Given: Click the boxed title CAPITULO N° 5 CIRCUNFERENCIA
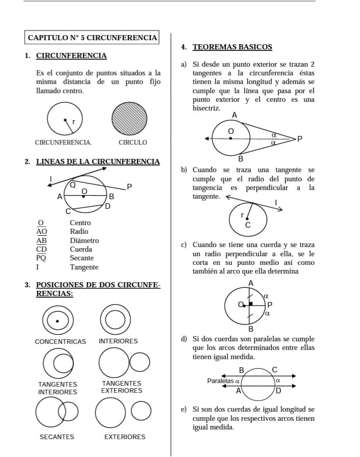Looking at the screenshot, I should coord(92,38).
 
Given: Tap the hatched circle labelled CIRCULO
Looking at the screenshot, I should coord(133,119).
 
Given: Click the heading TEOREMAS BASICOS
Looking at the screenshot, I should coord(232,47).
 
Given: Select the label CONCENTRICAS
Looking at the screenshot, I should coord(60,341).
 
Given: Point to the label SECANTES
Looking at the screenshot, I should coord(57,437).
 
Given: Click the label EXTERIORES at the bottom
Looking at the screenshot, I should coord(124,437).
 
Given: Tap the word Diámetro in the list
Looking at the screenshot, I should coord(85,240).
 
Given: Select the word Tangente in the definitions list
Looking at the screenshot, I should coord(84,267).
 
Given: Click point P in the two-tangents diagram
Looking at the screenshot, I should coord(299,138).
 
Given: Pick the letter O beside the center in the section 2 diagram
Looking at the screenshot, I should coord(85,191).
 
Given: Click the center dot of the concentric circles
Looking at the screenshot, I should coord(57,321).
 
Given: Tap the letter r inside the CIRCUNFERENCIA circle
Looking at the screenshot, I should coord(74,122).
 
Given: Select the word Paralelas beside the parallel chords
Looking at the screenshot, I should coord(220,381).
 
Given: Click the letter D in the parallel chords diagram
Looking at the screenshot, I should coord(278,391).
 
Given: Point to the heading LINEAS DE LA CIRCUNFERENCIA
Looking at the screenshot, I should coord(98,162).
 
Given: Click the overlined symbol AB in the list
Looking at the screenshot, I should coord(41,240).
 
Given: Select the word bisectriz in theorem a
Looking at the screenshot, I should coord(207,108).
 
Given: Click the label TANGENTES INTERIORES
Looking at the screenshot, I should coord(58,388).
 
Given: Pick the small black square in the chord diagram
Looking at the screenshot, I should coord(250,304).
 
